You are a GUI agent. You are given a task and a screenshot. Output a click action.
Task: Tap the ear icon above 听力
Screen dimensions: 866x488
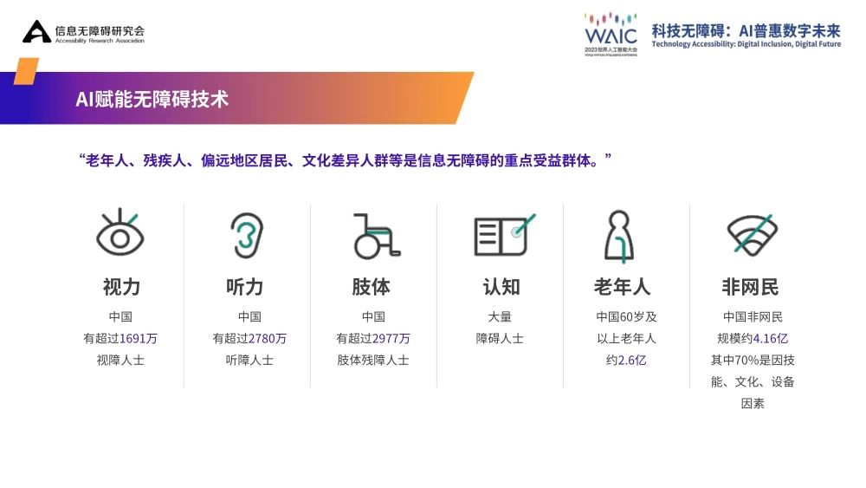click(246, 236)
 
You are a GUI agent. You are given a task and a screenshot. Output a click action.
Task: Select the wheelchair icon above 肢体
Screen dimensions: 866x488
click(376, 236)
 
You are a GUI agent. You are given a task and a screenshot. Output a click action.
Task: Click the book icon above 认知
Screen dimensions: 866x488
click(504, 235)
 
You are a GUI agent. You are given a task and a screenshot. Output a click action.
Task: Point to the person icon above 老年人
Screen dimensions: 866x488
click(619, 236)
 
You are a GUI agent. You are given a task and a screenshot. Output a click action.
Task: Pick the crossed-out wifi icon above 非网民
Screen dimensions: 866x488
click(752, 235)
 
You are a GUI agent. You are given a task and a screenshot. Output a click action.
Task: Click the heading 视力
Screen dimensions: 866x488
click(121, 287)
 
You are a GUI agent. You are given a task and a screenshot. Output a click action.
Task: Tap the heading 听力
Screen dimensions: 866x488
click(245, 287)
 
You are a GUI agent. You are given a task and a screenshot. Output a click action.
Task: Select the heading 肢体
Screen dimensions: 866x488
click(372, 287)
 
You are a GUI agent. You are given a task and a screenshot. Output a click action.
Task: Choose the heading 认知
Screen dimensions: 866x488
click(501, 287)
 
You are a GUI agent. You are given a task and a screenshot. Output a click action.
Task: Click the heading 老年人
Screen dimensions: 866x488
click(623, 287)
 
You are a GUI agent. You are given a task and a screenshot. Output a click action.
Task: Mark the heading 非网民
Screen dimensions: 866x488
click(750, 287)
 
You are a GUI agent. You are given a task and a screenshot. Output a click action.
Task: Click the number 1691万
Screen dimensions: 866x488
click(138, 338)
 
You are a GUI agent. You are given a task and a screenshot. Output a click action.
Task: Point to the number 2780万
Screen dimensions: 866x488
click(268, 338)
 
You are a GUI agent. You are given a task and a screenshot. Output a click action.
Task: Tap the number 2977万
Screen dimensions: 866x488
click(391, 338)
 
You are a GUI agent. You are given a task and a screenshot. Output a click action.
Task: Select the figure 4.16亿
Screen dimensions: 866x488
click(770, 338)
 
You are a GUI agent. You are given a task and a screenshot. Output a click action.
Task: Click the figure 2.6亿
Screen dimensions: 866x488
click(632, 360)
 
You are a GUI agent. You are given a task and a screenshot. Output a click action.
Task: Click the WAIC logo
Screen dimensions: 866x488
click(611, 34)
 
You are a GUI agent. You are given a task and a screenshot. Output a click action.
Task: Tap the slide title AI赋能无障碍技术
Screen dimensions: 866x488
click(152, 99)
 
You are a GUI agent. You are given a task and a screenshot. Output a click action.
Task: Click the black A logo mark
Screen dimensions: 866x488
click(36, 31)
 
